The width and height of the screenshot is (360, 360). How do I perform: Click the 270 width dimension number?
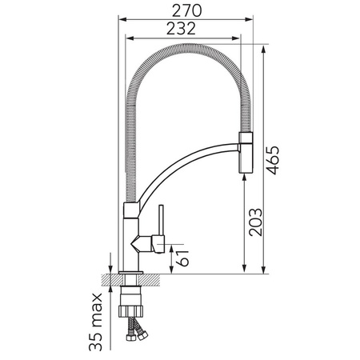(x=186, y=11)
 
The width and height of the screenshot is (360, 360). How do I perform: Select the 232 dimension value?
(x=181, y=29)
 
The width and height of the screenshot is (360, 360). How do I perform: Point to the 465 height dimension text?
(x=273, y=160)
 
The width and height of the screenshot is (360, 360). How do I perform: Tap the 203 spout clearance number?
(x=255, y=222)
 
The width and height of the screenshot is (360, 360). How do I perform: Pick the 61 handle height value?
(x=183, y=258)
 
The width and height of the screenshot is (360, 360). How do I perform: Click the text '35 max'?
(x=95, y=322)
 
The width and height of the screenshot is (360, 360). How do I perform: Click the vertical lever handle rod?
(x=161, y=220)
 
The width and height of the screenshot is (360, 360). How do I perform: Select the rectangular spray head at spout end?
(x=246, y=153)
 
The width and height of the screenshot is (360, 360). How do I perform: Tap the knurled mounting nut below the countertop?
(x=130, y=311)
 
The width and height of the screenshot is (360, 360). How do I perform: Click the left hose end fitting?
(x=130, y=338)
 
